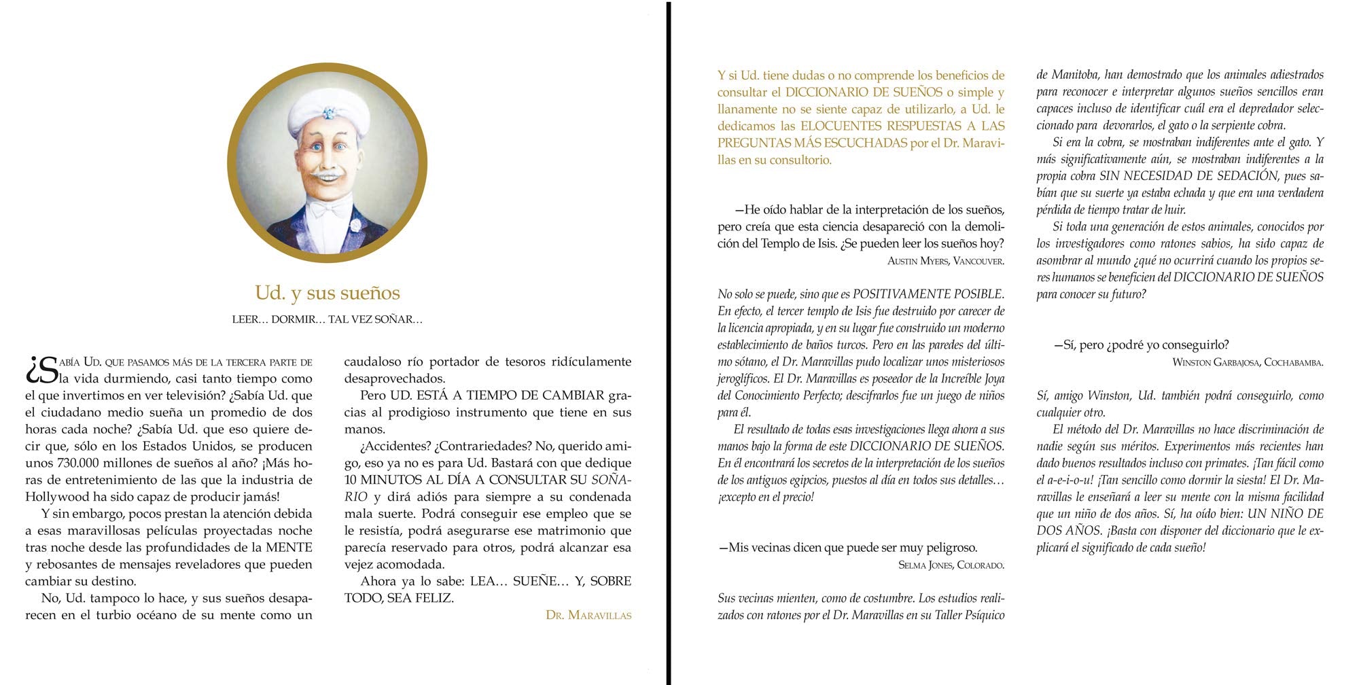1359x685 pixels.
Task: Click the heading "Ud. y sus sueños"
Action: (x=328, y=293)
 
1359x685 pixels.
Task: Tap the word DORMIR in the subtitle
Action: (x=296, y=319)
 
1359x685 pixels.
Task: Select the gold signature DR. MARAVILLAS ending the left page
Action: (x=588, y=616)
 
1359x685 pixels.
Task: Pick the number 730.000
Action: (x=77, y=463)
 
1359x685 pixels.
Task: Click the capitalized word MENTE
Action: (x=289, y=548)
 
